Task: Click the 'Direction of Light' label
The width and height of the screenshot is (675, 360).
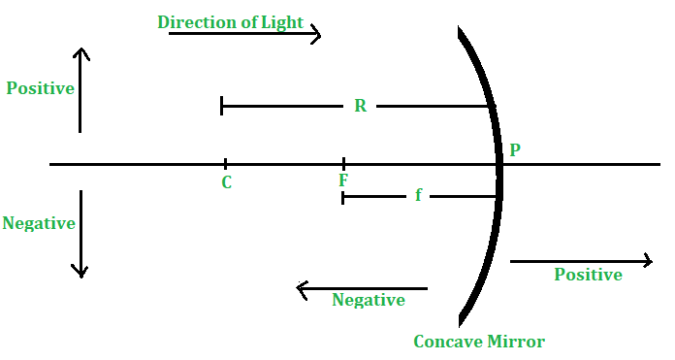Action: click(x=230, y=21)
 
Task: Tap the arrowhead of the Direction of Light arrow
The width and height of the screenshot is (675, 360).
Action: click(x=318, y=34)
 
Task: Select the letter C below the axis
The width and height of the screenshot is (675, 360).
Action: click(x=226, y=181)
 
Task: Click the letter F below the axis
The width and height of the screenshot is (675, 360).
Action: click(x=343, y=180)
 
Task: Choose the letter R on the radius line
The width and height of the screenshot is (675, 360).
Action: click(x=360, y=106)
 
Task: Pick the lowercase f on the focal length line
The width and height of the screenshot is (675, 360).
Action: click(x=418, y=195)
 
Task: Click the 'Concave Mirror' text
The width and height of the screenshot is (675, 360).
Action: click(x=479, y=342)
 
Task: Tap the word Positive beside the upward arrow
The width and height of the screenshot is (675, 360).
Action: click(x=41, y=88)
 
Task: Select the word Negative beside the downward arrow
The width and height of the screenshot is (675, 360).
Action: click(x=39, y=223)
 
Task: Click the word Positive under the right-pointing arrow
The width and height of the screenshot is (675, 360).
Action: click(x=588, y=275)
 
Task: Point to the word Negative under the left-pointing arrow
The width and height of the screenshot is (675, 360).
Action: click(x=369, y=300)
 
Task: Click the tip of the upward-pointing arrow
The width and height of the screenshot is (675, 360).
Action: click(x=80, y=48)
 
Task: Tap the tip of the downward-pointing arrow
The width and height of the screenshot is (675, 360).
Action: click(x=80, y=277)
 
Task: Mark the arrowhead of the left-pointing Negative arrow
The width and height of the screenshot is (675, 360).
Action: click(x=298, y=288)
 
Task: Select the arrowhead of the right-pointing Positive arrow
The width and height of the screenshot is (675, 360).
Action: click(x=651, y=260)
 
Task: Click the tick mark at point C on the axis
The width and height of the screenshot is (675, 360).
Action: click(x=225, y=164)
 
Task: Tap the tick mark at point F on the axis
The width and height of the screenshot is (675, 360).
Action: click(x=343, y=164)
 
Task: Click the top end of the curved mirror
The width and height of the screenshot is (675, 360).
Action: click(x=460, y=29)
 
